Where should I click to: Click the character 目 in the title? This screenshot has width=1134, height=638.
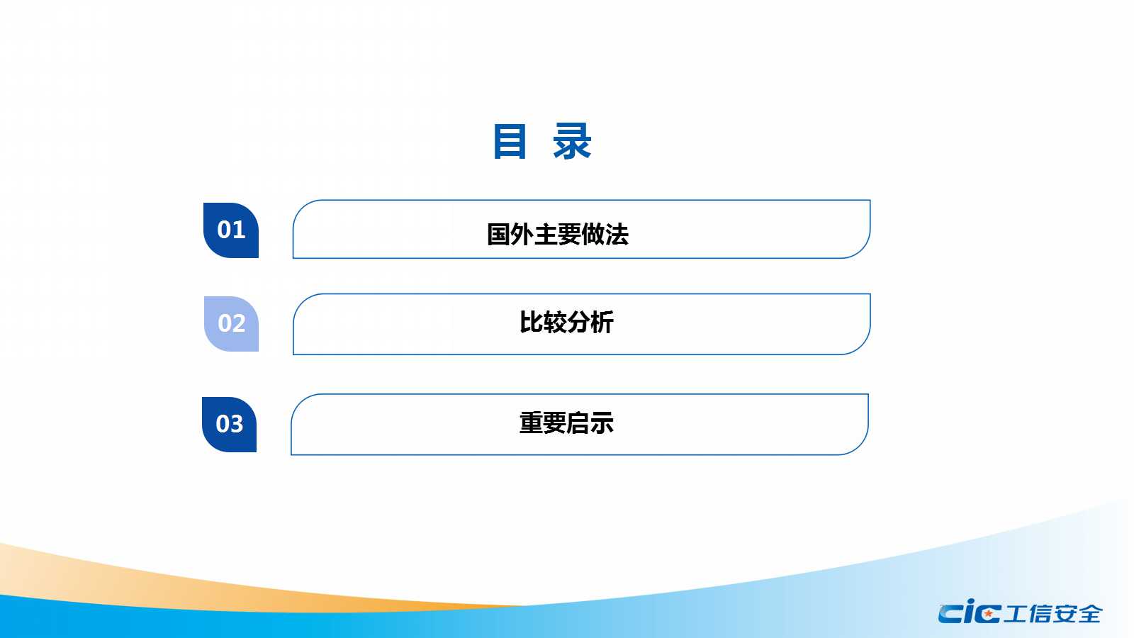[x=510, y=142]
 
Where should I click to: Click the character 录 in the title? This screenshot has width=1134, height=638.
[x=572, y=142]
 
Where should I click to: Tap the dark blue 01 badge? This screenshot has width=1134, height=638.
[x=231, y=230]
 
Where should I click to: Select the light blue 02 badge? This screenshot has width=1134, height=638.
[x=231, y=323]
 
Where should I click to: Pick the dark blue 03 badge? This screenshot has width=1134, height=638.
[x=230, y=425]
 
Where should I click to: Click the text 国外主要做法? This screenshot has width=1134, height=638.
[x=557, y=235]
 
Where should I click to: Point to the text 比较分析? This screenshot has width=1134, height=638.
[x=566, y=322]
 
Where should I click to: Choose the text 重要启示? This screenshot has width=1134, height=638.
[x=566, y=422]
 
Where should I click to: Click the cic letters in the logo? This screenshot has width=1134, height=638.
[x=970, y=612]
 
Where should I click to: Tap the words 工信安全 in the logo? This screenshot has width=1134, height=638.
[x=1052, y=614]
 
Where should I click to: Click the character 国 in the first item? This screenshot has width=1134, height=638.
[x=499, y=235]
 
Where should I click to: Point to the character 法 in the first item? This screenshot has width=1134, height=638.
[x=617, y=235]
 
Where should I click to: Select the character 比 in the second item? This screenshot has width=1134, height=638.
[x=531, y=322]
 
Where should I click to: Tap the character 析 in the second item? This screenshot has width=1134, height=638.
[x=602, y=322]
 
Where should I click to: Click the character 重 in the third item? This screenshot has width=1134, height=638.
[x=531, y=422]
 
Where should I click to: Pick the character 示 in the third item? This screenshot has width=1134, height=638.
[x=602, y=422]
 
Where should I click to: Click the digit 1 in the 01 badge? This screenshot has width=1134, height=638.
[x=240, y=230]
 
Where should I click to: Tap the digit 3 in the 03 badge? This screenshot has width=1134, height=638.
[x=237, y=424]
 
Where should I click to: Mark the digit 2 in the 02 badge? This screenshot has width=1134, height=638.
[x=239, y=323]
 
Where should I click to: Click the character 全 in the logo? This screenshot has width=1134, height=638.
[x=1091, y=614]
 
